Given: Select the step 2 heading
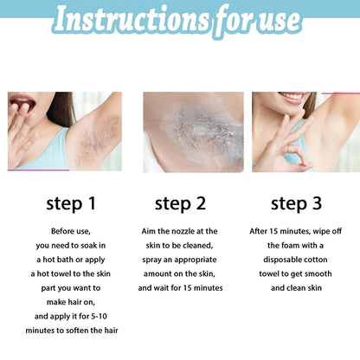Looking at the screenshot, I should (x=179, y=203).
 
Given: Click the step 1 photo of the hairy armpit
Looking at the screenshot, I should (x=64, y=131).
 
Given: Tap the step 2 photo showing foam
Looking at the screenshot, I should (x=181, y=131).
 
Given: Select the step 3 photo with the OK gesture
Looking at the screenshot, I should (x=305, y=131).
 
